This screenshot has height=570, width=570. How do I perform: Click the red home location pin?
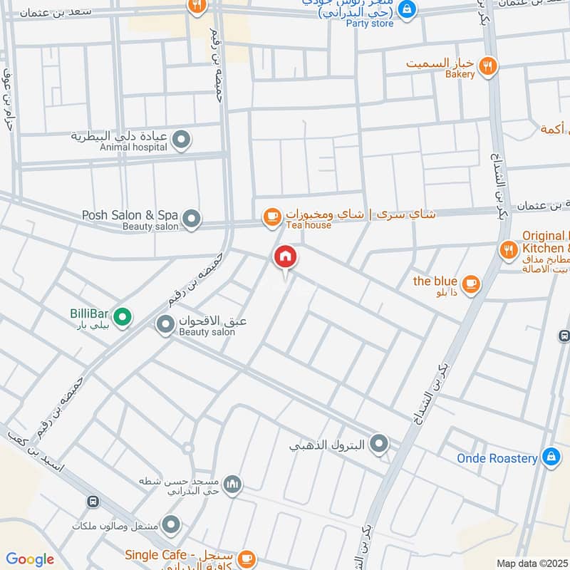click(286, 256)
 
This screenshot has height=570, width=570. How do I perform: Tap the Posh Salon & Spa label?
click(129, 214)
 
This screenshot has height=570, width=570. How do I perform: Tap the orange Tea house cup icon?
click(271, 217)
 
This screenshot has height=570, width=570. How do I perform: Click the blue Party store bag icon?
click(406, 9)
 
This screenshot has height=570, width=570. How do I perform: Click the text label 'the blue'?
click(435, 281)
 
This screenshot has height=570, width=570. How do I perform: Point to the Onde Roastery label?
click(497, 458)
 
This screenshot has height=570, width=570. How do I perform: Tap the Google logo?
click(30, 559)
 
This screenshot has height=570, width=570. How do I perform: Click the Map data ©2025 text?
click(531, 563)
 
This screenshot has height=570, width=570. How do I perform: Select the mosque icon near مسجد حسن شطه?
click(232, 486)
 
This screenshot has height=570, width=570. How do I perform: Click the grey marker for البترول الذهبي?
click(379, 445)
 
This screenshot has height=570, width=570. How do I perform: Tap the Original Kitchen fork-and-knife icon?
click(507, 249)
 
